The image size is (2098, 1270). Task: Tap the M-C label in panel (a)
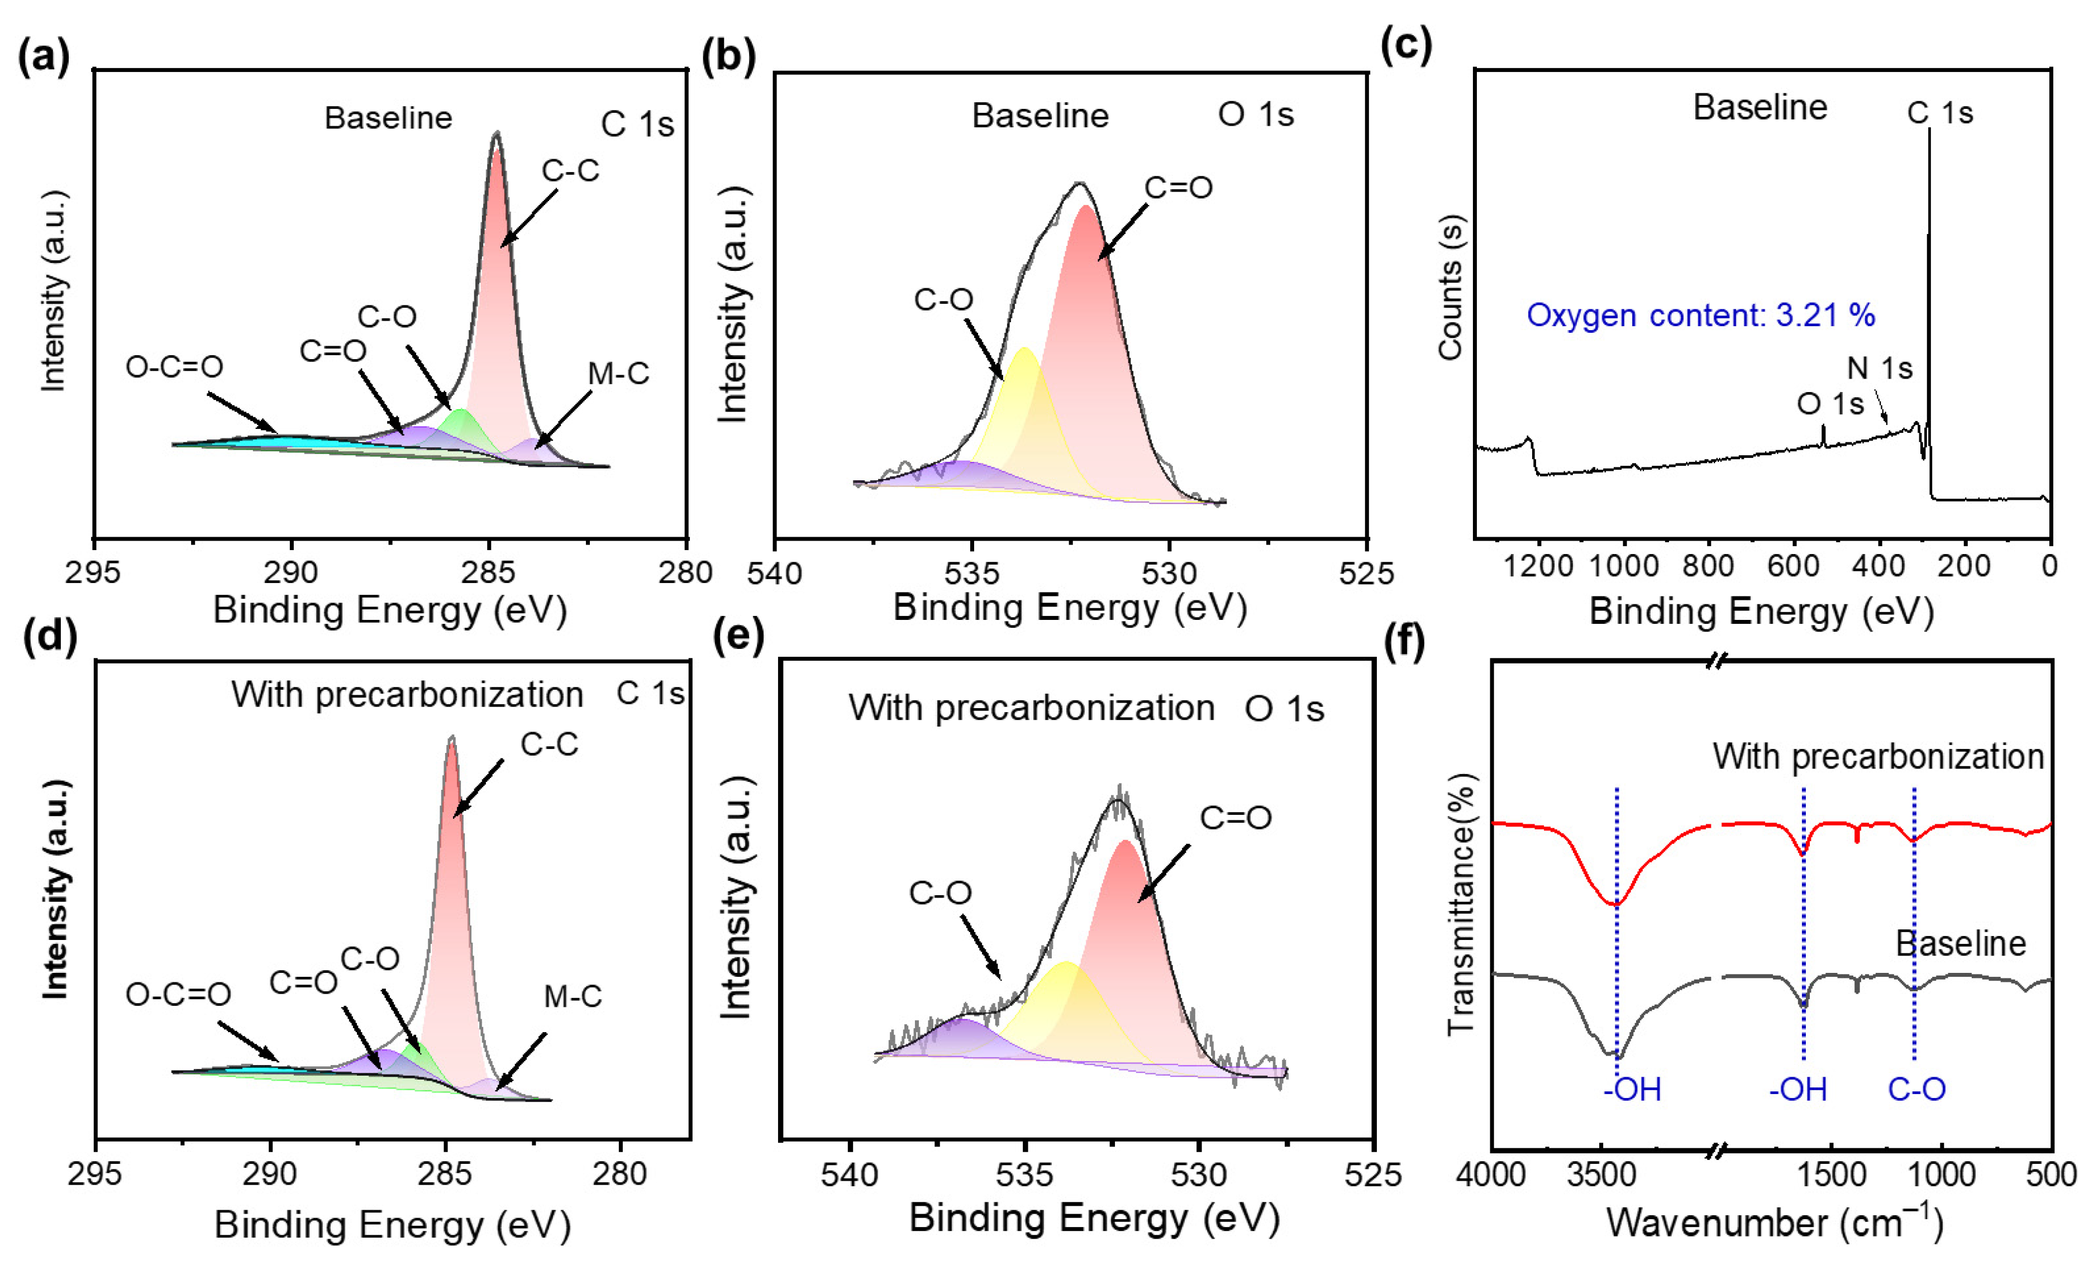(x=618, y=373)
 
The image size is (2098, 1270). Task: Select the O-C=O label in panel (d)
(x=178, y=994)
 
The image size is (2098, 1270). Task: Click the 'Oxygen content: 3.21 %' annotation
(x=1700, y=315)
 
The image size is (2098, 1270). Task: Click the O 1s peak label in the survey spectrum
(x=1830, y=403)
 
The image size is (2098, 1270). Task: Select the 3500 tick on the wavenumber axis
(x=1601, y=1174)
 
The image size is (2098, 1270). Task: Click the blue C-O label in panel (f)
(x=1916, y=1090)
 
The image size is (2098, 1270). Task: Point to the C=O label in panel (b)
(x=1179, y=187)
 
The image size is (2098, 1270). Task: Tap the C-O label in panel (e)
(x=940, y=892)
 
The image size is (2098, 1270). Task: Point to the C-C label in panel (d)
(x=549, y=744)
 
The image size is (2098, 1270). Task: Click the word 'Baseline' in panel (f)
(x=1960, y=943)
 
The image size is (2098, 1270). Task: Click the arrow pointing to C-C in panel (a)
(x=529, y=217)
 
